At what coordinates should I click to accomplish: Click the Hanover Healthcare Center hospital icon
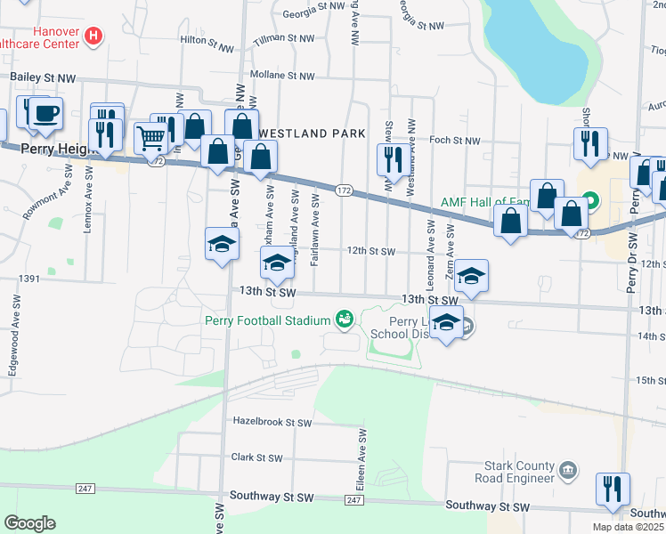93,36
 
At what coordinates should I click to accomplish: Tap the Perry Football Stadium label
268,319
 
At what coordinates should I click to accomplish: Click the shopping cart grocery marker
150,137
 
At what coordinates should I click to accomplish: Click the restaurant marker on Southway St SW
613,489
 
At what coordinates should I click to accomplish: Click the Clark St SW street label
256,458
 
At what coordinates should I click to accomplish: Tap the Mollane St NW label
282,76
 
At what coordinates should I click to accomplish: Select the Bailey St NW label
42,77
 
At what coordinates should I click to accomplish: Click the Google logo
29,522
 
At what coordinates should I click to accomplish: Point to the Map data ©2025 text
627,527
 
